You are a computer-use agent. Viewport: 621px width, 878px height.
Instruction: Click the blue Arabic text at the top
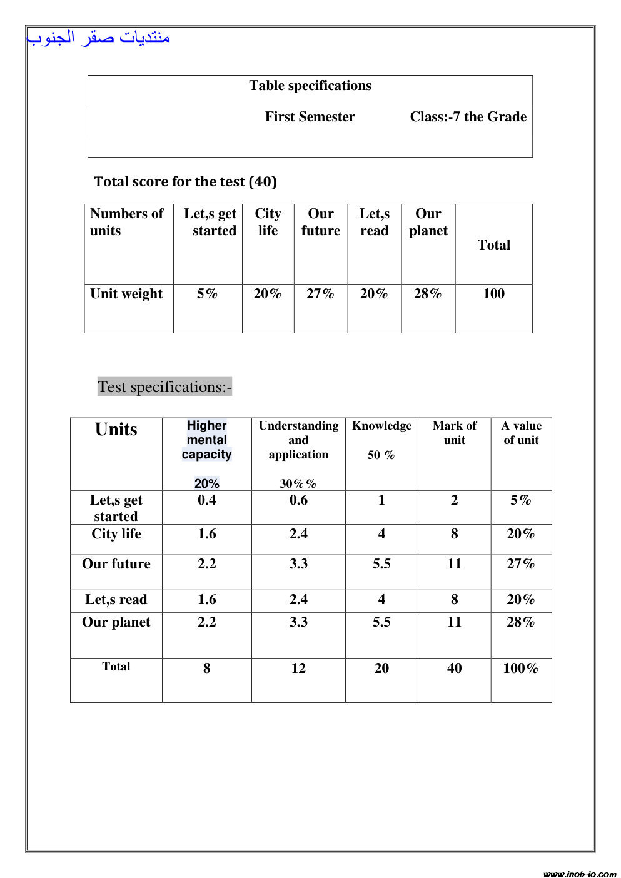(x=98, y=38)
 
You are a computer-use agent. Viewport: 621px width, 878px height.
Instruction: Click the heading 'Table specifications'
(x=310, y=86)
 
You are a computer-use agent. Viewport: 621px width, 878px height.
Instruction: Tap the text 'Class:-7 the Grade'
(x=468, y=117)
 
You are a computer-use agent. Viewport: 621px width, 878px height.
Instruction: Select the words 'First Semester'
(x=310, y=117)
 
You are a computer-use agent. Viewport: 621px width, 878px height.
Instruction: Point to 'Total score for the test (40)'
(x=185, y=182)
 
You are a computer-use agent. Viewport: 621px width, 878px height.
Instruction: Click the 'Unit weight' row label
(x=126, y=294)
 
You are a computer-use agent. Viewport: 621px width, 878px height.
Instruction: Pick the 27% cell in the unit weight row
(x=320, y=294)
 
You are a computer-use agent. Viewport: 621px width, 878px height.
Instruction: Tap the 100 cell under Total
(x=493, y=294)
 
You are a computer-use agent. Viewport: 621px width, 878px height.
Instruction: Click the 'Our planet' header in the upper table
(x=428, y=222)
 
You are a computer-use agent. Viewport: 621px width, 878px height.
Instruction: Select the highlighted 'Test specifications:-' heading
(x=164, y=387)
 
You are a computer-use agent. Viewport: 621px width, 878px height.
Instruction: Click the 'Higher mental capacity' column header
(x=206, y=440)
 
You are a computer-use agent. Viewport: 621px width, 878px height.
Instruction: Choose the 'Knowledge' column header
(x=381, y=426)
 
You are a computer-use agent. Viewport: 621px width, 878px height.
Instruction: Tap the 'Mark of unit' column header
(x=455, y=433)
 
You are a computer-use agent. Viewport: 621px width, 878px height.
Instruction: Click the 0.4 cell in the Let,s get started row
(x=206, y=500)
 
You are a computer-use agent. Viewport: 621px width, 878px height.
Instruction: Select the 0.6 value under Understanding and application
(x=298, y=500)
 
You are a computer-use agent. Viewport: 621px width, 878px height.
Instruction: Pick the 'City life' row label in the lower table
(x=116, y=534)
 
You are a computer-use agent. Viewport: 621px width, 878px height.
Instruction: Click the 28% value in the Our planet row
(x=520, y=622)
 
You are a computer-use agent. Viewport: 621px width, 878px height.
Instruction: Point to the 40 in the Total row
(x=455, y=669)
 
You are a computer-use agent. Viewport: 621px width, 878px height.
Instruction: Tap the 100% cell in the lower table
(x=520, y=669)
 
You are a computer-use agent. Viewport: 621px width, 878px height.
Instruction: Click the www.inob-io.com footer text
(x=579, y=874)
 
